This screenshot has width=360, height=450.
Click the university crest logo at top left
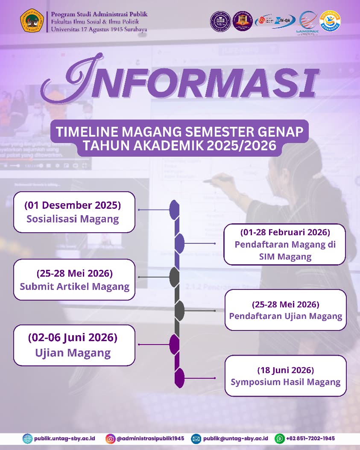tap(32, 20)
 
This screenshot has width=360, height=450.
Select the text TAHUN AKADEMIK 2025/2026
tap(180, 146)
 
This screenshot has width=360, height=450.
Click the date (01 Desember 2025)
tap(73, 205)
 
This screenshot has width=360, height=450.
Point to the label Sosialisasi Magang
tap(73, 219)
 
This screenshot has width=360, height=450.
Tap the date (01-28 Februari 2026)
tap(285, 233)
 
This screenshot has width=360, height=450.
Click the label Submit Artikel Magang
tap(74, 286)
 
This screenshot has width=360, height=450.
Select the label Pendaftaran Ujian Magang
tap(286, 316)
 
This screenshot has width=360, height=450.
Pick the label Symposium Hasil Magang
tap(286, 382)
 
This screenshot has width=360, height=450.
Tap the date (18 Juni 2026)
tap(285, 370)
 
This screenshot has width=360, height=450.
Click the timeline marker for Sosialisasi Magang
tap(174, 210)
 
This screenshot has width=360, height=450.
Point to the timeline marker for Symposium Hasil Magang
tap(180, 378)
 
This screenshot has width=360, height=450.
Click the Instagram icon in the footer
tap(111, 438)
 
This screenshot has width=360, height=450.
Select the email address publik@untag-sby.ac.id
tap(235, 438)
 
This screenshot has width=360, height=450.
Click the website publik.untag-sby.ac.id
tap(65, 438)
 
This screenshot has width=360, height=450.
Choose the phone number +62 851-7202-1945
tap(310, 438)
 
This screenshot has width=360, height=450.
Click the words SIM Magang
tap(285, 257)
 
